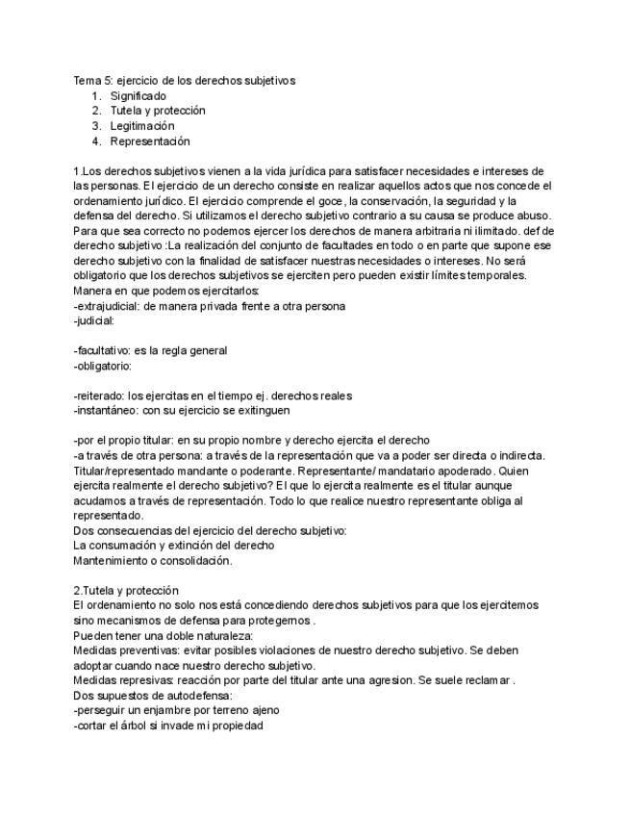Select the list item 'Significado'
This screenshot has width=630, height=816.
click(x=138, y=96)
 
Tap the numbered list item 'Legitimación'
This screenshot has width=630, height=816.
click(x=142, y=126)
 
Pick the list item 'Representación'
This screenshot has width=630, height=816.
click(x=150, y=141)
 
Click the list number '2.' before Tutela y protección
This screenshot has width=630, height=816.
click(x=96, y=111)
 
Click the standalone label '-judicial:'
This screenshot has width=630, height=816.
click(x=93, y=320)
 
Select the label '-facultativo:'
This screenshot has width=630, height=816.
click(x=102, y=350)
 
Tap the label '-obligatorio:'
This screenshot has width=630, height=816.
click(x=102, y=366)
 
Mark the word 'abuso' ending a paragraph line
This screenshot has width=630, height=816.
click(x=536, y=216)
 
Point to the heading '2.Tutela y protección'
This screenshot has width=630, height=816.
click(x=125, y=590)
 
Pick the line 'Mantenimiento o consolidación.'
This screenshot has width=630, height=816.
click(x=152, y=560)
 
